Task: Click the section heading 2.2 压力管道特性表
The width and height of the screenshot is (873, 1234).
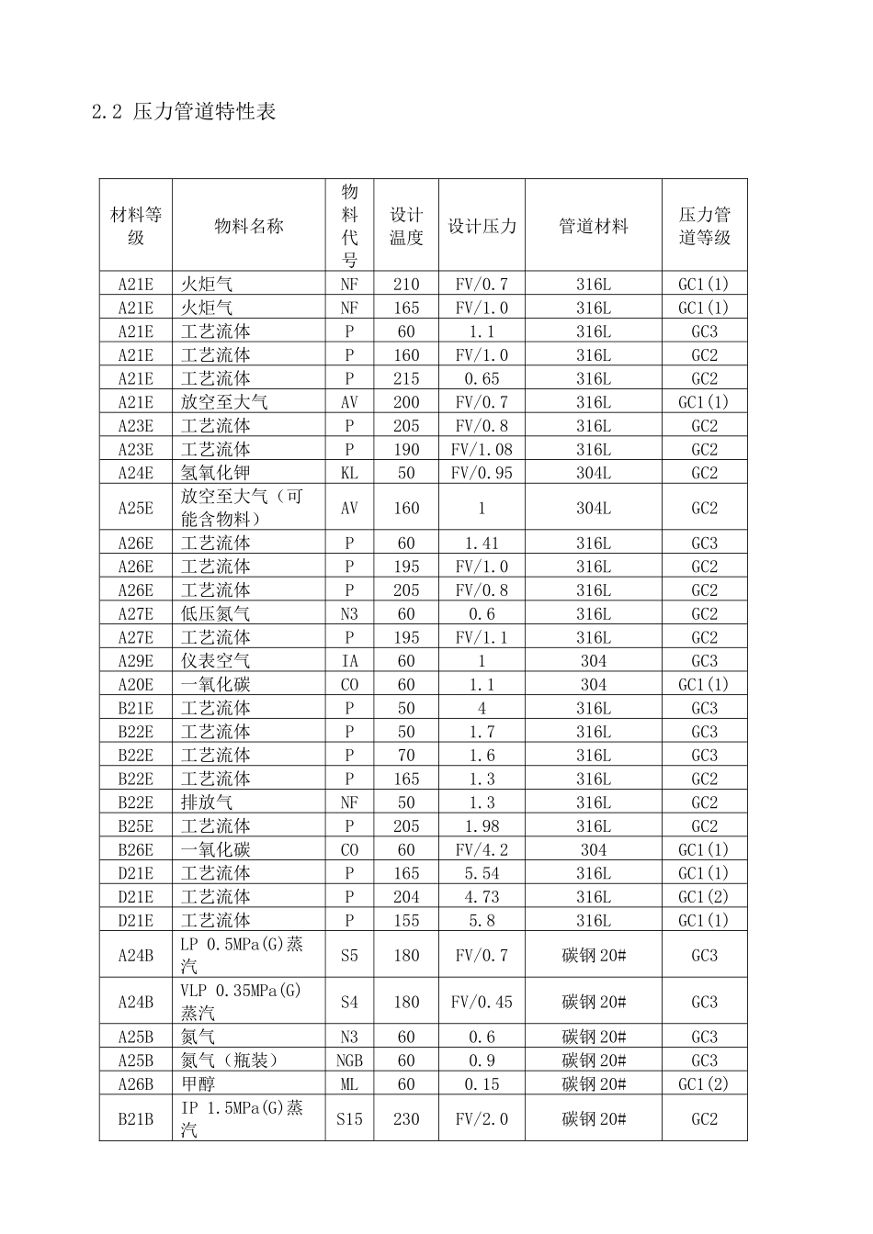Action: click(184, 112)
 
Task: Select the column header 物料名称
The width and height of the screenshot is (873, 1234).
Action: click(248, 226)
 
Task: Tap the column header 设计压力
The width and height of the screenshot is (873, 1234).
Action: click(482, 226)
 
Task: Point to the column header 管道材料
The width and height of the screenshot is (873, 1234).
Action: click(593, 226)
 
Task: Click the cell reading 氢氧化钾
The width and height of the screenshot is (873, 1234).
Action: click(215, 473)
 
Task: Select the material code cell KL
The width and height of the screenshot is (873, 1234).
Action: click(349, 473)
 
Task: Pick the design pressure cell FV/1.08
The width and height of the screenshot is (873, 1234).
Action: click(482, 449)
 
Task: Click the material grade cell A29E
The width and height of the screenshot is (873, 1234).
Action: click(136, 661)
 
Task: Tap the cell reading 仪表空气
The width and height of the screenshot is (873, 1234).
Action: click(215, 661)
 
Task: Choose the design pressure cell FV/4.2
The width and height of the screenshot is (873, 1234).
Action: click(482, 850)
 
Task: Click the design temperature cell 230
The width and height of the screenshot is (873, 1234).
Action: click(406, 1119)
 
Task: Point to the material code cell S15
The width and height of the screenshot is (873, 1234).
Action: click(349, 1119)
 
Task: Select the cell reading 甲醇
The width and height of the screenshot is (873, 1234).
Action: click(198, 1084)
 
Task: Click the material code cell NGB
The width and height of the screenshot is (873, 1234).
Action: click(349, 1060)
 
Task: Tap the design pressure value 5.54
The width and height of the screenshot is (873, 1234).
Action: click(482, 873)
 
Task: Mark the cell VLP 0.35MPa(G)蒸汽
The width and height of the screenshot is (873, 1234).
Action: click(241, 1002)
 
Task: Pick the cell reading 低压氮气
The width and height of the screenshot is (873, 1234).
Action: click(215, 614)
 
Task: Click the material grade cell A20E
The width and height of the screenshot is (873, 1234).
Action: click(136, 685)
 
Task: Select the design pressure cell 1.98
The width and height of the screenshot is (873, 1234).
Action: click(482, 826)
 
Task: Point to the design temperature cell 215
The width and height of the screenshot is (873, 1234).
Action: click(406, 378)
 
